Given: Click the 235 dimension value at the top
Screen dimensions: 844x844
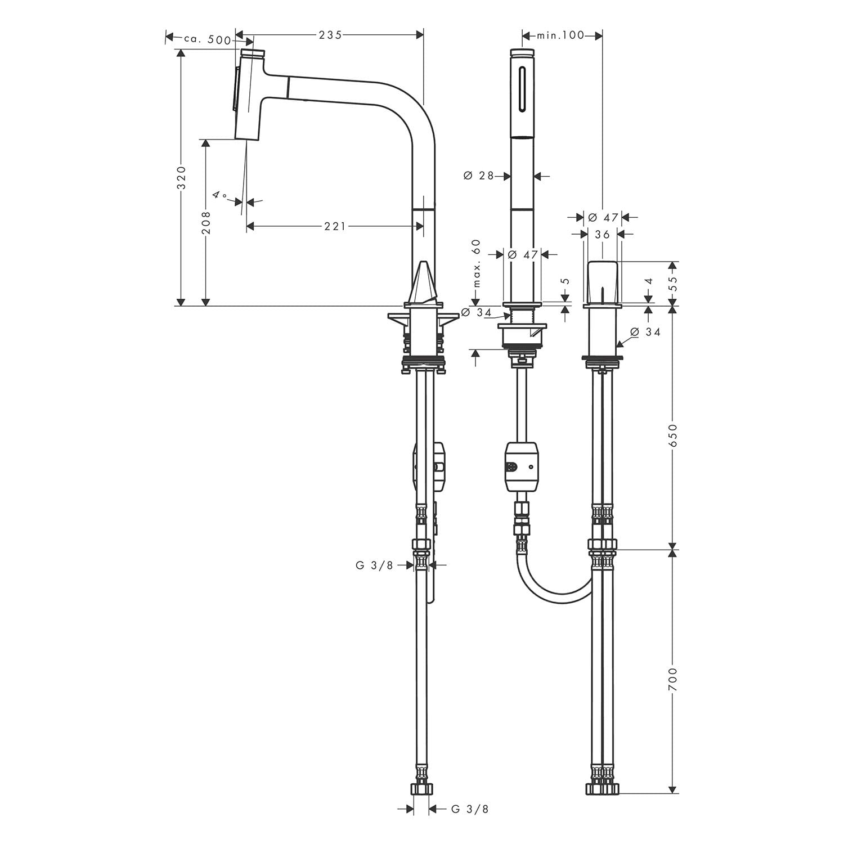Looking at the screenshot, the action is [330, 35].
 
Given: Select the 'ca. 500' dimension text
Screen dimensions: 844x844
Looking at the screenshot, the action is [207, 39].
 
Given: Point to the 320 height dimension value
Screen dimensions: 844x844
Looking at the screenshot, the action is [181, 177].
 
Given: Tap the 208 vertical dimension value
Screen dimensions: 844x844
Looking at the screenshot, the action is [206, 223].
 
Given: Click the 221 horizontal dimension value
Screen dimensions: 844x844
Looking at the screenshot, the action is [335, 226].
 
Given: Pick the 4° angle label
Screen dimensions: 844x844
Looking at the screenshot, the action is [219, 195].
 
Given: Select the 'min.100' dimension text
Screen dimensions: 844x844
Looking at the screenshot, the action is [560, 35].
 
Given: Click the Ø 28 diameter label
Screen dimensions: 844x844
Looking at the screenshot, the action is [479, 176].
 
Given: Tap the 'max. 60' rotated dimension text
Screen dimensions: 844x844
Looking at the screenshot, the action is [477, 263].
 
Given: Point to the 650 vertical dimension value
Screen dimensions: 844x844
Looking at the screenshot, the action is [674, 434].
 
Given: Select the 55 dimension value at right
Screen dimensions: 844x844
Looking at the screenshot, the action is [674, 282].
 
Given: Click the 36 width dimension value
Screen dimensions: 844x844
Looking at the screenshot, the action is [603, 234].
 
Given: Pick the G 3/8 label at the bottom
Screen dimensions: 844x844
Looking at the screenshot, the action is [470, 809].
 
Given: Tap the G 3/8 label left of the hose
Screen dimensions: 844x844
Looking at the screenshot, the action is [375, 565].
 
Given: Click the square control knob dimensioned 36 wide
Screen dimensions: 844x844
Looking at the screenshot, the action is [603, 282].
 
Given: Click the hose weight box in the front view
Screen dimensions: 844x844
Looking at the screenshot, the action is [522, 466].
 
